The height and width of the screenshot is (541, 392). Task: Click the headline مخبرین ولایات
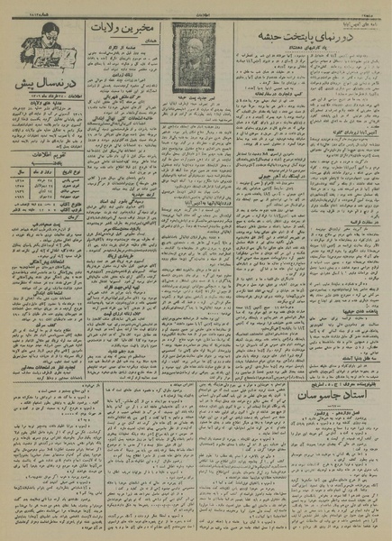(x=125, y=29)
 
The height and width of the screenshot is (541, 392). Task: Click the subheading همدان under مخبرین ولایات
(x=125, y=42)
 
